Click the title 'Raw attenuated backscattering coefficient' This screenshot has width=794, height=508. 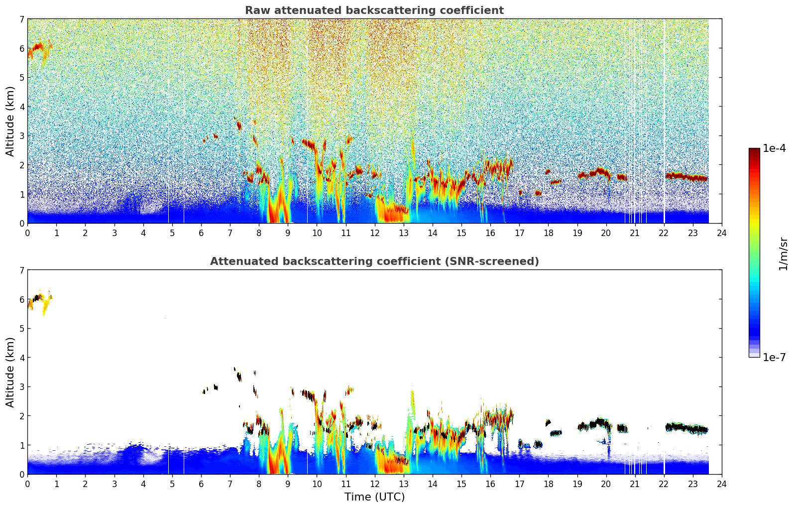(374, 10)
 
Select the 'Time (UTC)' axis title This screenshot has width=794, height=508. (374, 497)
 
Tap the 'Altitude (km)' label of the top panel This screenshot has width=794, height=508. (10, 121)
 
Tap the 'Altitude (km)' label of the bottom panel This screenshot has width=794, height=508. (10, 372)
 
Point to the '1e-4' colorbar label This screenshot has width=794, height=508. (774, 148)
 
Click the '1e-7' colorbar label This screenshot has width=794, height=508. (774, 357)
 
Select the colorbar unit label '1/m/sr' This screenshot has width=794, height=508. (783, 253)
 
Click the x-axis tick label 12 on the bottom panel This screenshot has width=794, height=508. (374, 484)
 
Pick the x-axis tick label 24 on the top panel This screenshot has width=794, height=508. (722, 233)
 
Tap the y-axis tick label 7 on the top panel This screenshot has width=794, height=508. (22, 19)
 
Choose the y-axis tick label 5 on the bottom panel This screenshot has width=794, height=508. (22, 329)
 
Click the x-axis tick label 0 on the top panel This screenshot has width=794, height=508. (27, 233)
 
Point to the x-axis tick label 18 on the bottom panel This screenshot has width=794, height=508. (548, 484)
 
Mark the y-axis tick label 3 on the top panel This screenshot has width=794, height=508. (22, 136)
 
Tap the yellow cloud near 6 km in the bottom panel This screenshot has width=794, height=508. (46, 303)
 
